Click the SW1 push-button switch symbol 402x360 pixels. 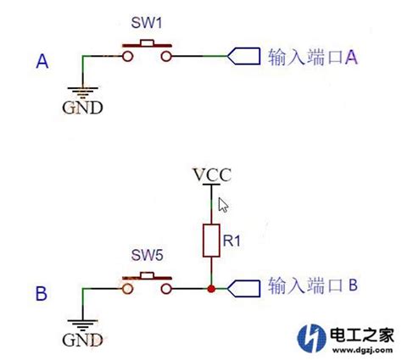click(x=150, y=52)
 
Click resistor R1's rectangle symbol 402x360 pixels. click(x=209, y=241)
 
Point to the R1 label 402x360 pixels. click(x=232, y=240)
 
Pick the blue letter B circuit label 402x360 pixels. click(x=42, y=294)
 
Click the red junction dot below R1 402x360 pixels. click(x=209, y=289)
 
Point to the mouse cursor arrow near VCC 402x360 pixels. click(x=224, y=203)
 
